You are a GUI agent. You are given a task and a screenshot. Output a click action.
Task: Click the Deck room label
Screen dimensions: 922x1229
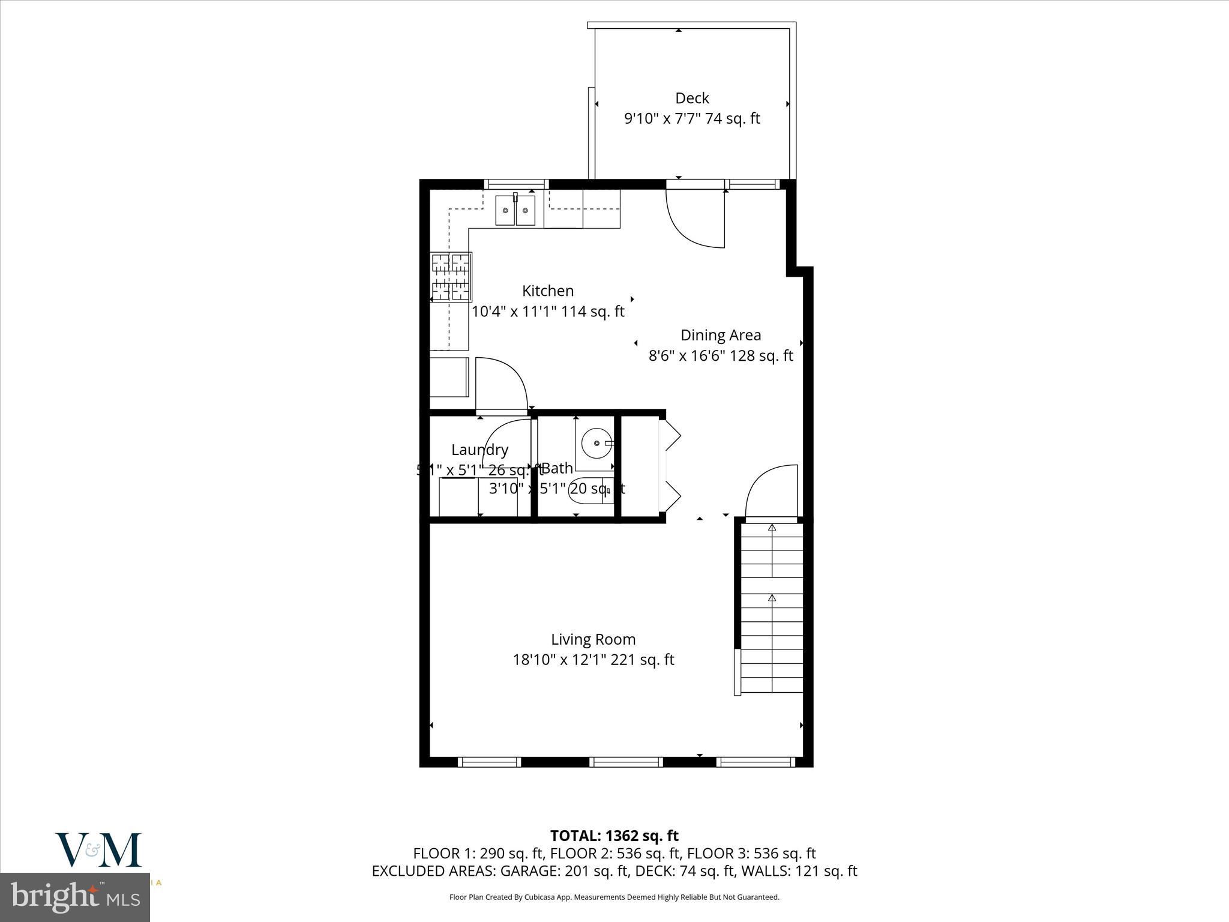692,98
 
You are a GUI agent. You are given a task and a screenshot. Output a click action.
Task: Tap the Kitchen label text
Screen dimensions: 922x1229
547,291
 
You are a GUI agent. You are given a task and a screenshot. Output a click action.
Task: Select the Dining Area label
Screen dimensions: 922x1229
720,335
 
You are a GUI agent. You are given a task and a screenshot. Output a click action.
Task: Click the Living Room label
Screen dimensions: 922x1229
593,639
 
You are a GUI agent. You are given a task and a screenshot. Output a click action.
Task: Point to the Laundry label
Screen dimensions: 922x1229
479,450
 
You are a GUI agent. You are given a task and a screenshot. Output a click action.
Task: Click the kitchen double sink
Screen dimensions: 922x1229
515,211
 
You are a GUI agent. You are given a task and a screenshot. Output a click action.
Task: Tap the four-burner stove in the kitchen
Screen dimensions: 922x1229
451,277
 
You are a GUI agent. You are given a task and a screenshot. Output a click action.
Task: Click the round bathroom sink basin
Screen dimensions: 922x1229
596,443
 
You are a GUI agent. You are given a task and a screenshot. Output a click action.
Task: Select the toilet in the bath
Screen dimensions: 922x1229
588,490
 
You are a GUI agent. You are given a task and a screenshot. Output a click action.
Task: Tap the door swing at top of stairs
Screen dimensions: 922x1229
772,490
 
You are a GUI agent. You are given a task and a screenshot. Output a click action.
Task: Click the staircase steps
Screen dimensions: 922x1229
772,606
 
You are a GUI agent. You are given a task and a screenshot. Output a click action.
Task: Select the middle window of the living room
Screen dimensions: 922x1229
626,762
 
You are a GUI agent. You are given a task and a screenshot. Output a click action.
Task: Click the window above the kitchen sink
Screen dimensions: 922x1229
515,184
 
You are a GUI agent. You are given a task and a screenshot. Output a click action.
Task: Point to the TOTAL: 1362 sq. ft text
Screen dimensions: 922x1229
614,836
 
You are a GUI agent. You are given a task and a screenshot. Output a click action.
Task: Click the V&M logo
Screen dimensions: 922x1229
98,850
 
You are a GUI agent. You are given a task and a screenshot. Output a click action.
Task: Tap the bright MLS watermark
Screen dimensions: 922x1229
75,897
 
